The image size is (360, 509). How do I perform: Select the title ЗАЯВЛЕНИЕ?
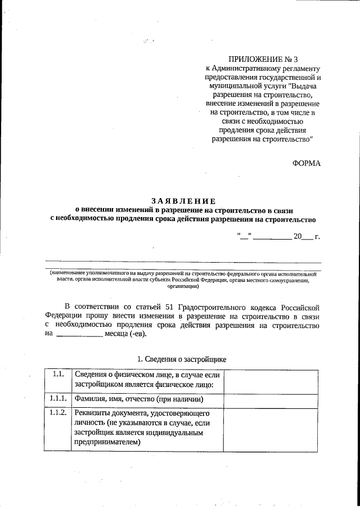[x=183, y=201]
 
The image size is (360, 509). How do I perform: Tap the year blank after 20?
[x=307, y=237]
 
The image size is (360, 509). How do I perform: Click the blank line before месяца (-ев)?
[x=79, y=334]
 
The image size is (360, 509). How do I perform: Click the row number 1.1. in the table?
[x=57, y=375]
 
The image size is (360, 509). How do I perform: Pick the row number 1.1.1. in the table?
[x=57, y=399]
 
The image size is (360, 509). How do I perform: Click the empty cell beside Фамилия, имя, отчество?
[x=272, y=399]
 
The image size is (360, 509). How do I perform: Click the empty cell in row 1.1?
[x=272, y=381]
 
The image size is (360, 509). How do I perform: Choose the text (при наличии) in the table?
[x=180, y=399]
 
